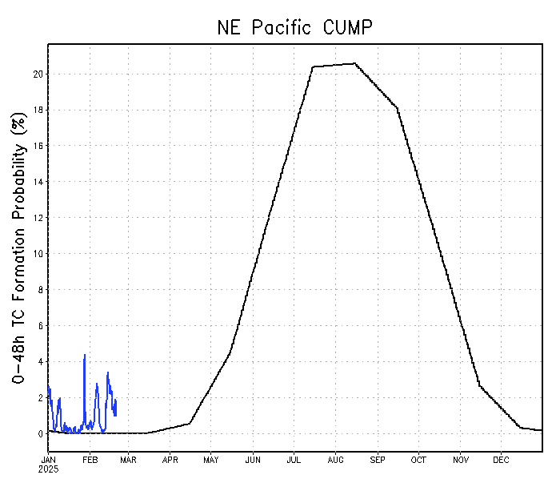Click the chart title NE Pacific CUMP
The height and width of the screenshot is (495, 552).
[x=294, y=27]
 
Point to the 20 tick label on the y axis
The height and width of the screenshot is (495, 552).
[x=38, y=74]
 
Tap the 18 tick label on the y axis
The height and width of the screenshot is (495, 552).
[x=38, y=111]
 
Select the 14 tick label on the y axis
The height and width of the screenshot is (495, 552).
[x=38, y=183]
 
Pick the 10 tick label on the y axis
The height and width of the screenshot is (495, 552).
[x=38, y=254]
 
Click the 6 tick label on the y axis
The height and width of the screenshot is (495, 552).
[x=40, y=326]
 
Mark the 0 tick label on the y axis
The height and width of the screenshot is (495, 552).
[x=40, y=434]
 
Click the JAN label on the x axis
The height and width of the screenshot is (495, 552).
[x=49, y=460]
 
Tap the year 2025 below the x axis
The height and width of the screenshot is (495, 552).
[x=49, y=469]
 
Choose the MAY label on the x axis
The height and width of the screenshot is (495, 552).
[x=211, y=460]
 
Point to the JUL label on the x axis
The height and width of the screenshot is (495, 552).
[x=294, y=460]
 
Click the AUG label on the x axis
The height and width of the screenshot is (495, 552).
[x=335, y=460]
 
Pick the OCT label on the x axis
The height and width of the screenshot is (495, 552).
[x=418, y=460]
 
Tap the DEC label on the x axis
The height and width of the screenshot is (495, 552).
[x=501, y=460]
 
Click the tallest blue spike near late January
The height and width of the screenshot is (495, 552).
[x=84, y=355]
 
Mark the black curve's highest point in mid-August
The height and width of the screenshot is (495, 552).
[x=354, y=63]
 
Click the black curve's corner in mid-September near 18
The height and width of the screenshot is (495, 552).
[x=397, y=107]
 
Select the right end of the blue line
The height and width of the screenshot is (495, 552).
[x=116, y=400]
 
